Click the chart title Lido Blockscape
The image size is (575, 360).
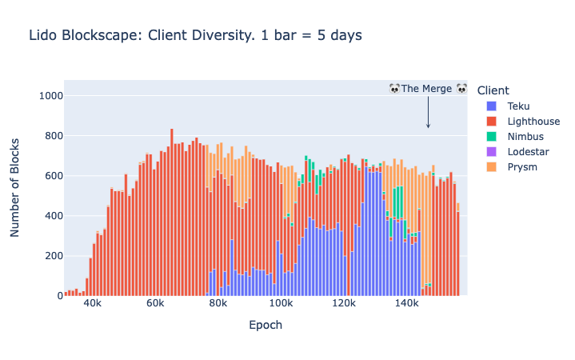[x=195, y=35]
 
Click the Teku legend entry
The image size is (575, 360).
[x=518, y=106]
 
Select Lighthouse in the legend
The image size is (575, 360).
[x=533, y=121]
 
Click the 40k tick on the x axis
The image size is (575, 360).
[x=92, y=306]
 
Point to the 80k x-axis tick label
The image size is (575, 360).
[x=218, y=306]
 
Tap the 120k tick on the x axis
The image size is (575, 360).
[x=344, y=306]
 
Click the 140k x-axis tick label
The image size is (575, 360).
[x=406, y=306]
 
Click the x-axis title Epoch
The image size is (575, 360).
[x=266, y=326]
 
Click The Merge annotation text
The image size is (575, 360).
[x=428, y=88]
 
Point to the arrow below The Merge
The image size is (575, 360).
[x=428, y=112]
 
